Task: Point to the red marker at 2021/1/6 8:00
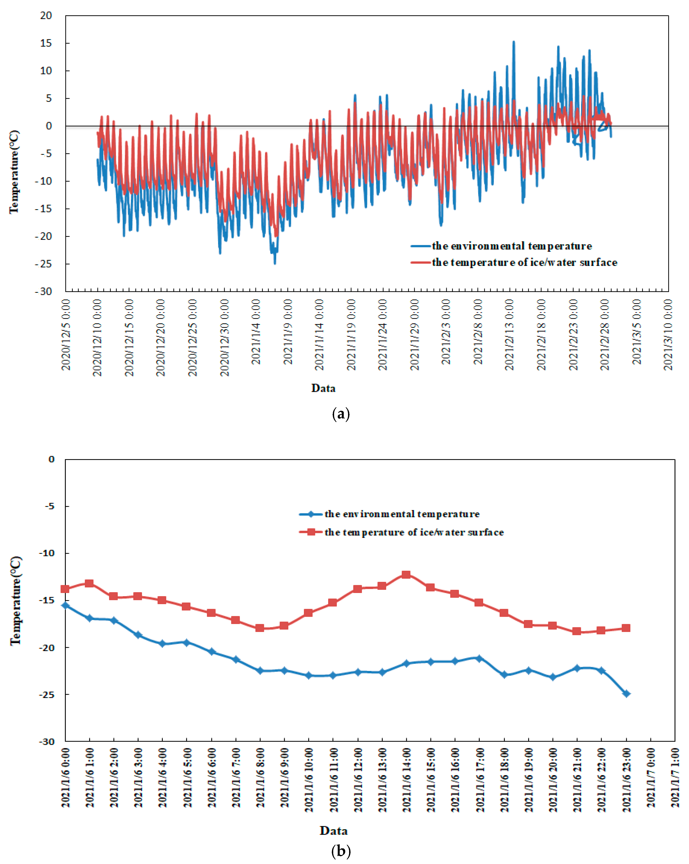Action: (x=260, y=628)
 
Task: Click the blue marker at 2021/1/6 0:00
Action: (x=65, y=605)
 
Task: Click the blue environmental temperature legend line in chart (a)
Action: (x=420, y=246)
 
